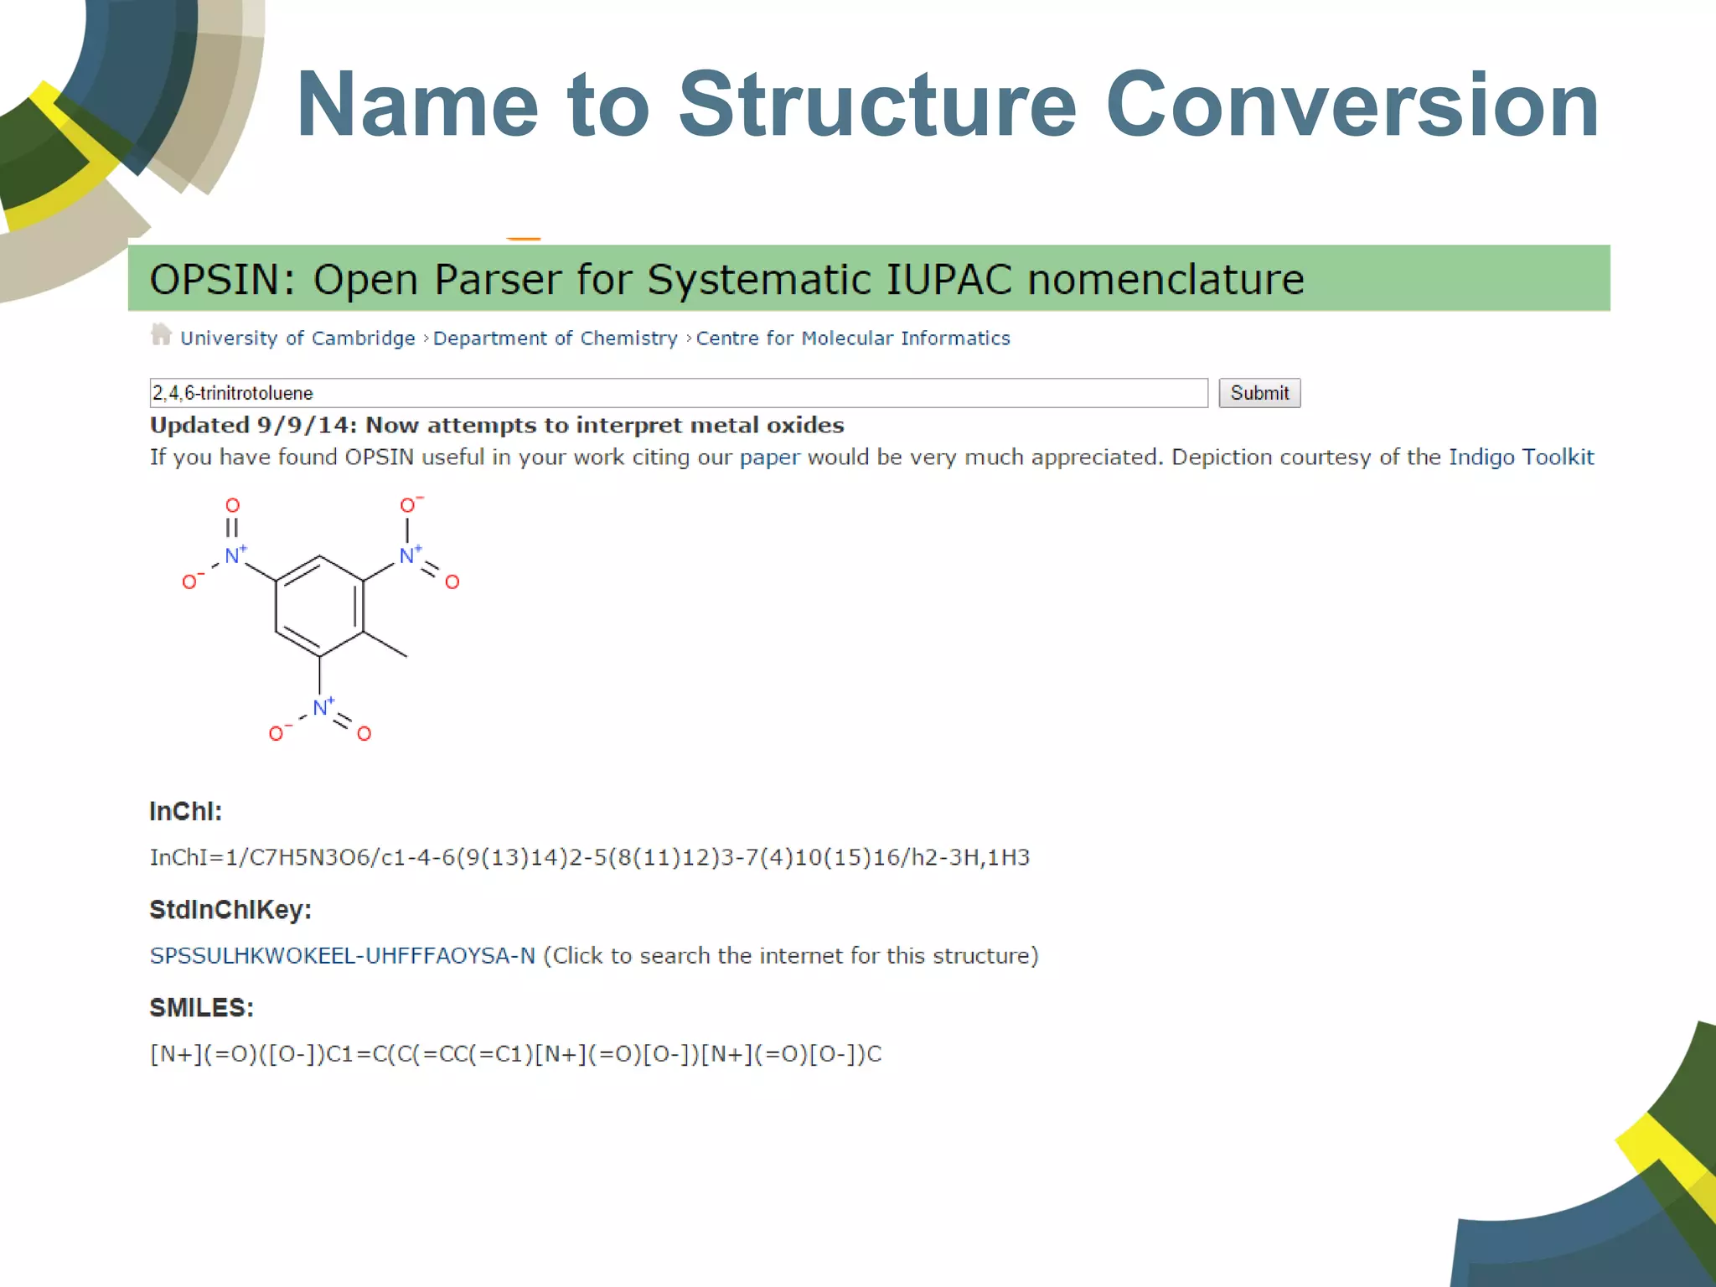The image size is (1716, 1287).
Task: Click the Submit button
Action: tap(1259, 393)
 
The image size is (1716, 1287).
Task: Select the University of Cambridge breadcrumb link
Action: tap(297, 339)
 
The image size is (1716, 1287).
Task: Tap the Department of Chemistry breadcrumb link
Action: tap(555, 339)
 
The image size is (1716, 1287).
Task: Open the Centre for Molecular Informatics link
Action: tap(852, 339)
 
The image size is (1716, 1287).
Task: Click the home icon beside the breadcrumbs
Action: tap(161, 335)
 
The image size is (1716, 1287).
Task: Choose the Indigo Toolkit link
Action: tap(1521, 457)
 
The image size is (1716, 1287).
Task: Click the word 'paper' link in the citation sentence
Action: tap(769, 457)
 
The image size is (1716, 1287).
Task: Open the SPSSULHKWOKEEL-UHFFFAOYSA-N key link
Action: tap(342, 956)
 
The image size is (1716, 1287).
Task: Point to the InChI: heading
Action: tap(185, 811)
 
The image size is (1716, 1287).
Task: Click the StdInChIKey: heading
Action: tap(230, 910)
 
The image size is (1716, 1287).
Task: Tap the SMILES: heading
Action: tap(201, 1008)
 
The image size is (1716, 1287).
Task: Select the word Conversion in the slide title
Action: tap(1352, 106)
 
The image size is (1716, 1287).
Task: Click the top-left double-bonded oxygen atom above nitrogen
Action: tap(232, 505)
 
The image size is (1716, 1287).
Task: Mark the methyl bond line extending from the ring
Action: tap(385, 644)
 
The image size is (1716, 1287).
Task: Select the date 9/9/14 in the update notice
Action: tap(307, 426)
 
